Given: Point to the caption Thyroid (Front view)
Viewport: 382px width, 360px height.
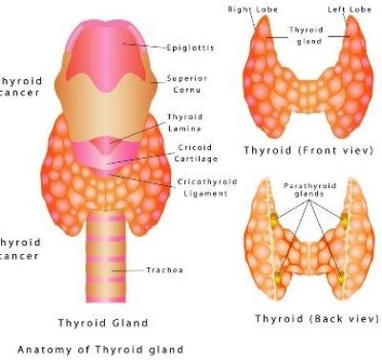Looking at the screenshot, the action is coord(307,151).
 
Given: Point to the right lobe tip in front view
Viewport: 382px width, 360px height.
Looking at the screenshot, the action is coord(262,29).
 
